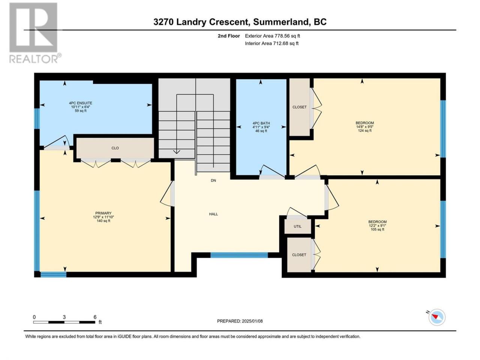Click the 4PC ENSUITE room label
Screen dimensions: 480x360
[x=81, y=103]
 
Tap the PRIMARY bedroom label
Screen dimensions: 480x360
[x=103, y=213]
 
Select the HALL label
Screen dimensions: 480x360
[x=213, y=214]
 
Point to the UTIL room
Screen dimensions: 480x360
[x=297, y=226]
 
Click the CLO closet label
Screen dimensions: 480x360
[x=115, y=148]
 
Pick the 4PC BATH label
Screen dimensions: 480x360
[x=261, y=123]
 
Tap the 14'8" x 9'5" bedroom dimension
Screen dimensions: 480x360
[x=364, y=127]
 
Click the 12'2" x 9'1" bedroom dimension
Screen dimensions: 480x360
[x=377, y=226]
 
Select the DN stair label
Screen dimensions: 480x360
[x=213, y=180]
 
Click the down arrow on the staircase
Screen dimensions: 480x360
[x=177, y=152]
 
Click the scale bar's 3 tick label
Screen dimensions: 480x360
[x=64, y=317]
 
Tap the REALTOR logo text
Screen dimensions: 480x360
[x=34, y=59]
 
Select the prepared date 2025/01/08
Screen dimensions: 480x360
[x=252, y=321]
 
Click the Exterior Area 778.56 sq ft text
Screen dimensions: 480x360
[x=273, y=36]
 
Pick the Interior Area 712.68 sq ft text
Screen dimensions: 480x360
[x=271, y=43]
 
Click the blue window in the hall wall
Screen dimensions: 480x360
[x=239, y=255]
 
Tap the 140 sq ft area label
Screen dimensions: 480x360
[x=103, y=221]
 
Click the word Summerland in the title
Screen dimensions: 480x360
[x=280, y=22]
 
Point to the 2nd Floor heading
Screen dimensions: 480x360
[x=229, y=36]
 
